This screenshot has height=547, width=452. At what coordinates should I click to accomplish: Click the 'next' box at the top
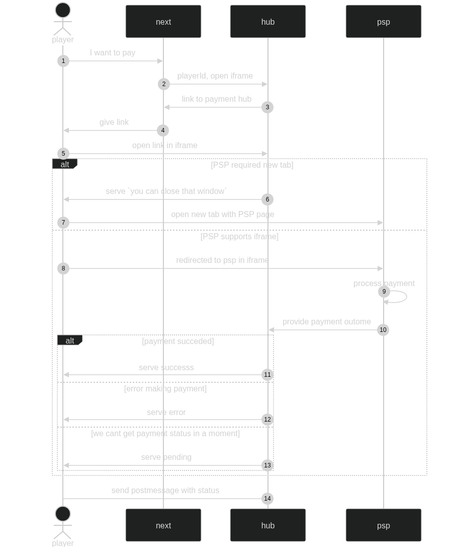tap(163, 22)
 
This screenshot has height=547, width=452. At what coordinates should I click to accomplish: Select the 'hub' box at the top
tap(268, 22)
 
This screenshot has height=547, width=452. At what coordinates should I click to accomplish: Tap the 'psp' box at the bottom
tap(383, 525)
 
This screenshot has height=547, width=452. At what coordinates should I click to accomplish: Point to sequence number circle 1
tap(63, 61)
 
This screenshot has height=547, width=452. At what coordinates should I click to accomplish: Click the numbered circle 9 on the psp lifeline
tap(384, 292)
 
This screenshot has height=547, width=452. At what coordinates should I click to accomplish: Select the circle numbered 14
tap(267, 499)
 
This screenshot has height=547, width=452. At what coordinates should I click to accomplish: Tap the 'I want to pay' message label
tap(113, 52)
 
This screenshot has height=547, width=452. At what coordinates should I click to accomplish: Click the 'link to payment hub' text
tap(216, 99)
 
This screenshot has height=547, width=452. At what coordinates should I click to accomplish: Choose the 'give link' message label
tap(114, 122)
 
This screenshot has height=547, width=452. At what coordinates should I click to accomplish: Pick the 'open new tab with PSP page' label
tap(222, 214)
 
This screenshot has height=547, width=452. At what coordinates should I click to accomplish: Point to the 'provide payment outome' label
tap(327, 321)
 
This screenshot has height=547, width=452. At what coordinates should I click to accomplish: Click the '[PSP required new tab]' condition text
tap(252, 165)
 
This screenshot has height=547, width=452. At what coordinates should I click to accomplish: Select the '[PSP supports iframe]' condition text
tap(239, 236)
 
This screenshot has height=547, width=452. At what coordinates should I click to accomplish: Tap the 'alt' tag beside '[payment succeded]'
tap(69, 341)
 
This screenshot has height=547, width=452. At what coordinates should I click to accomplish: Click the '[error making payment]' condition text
tap(165, 388)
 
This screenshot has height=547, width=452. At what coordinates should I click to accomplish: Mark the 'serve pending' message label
tap(166, 457)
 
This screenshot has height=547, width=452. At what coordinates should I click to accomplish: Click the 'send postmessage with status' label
tap(165, 490)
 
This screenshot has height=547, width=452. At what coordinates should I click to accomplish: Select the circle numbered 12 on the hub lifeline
tap(267, 420)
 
